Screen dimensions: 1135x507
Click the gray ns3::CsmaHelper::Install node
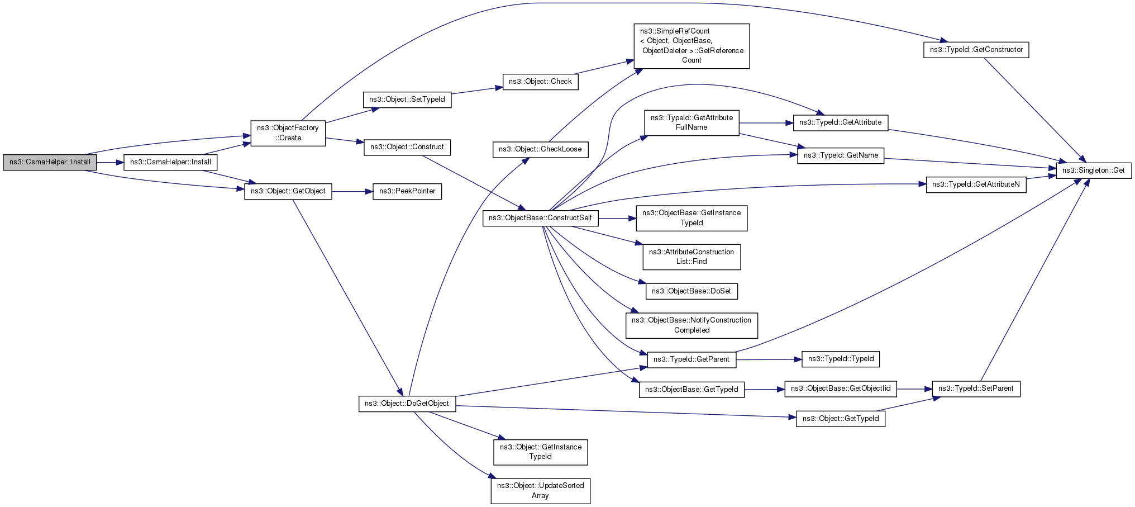pos(50,162)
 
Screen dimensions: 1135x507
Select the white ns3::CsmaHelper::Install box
pos(170,162)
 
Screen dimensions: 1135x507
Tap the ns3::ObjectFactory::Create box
pos(288,133)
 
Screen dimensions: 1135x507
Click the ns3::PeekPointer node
pos(407,191)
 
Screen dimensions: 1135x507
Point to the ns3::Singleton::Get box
pos(1094,170)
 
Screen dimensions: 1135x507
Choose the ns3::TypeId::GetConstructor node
pos(976,50)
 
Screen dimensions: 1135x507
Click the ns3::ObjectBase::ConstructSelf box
pos(540,218)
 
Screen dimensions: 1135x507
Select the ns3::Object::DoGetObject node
pos(407,404)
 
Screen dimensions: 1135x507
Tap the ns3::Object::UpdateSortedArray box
pos(541,491)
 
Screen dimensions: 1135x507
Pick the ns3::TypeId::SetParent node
pos(976,388)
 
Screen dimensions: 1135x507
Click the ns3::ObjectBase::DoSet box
pos(692,291)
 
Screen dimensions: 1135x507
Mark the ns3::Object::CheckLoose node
pos(540,149)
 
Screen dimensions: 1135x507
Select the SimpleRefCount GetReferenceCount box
pos(692,46)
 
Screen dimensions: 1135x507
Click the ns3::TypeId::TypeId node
pos(841,359)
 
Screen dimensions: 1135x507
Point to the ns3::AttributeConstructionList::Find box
pos(692,257)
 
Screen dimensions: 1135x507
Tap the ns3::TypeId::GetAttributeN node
pos(976,184)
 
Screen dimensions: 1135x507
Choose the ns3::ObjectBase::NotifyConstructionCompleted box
pos(692,325)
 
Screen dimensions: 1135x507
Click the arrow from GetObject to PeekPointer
pos(352,192)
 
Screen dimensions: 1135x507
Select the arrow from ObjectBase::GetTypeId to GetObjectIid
pos(765,389)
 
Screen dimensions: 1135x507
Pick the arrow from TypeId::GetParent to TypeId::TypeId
pos(769,359)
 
